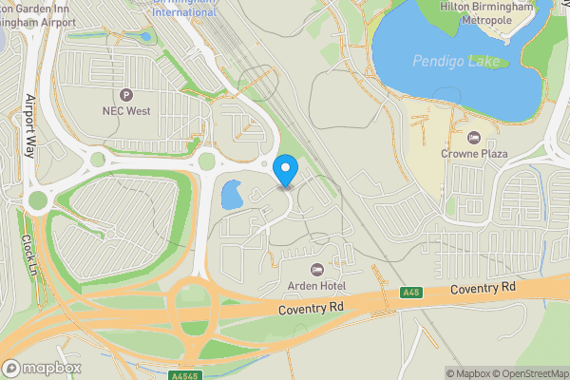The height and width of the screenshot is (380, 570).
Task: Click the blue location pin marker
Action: point(285,171)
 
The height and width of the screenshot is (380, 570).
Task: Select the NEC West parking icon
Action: point(126,94)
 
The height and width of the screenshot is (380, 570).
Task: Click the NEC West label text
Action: point(126,110)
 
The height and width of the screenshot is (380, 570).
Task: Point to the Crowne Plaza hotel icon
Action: point(474,137)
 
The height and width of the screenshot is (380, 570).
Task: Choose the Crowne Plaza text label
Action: point(474,153)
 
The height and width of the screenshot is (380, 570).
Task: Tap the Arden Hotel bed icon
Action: point(317,270)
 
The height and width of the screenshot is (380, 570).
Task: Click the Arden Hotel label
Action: point(317,286)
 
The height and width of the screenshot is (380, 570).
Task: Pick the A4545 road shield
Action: point(185,375)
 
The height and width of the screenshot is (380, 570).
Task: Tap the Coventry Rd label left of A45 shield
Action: point(311,310)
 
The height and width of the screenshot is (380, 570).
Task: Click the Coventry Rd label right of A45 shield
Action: point(483,287)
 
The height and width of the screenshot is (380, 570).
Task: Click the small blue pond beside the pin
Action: point(231,196)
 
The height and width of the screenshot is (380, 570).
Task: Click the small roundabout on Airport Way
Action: point(37,199)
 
